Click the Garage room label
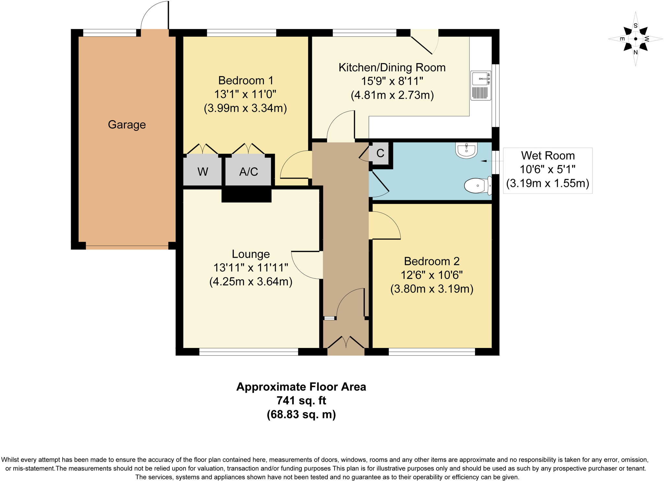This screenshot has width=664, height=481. [x=127, y=125]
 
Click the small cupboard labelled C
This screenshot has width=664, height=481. [x=380, y=153]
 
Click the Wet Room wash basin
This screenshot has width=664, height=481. [x=467, y=150]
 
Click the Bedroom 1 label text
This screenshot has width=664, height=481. [x=245, y=80]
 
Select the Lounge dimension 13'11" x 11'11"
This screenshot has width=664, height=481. [x=251, y=268]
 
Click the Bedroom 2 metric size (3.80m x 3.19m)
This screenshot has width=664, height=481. [x=432, y=289]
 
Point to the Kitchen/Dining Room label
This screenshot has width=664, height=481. [x=392, y=67]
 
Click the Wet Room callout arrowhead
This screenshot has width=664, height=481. [x=483, y=161]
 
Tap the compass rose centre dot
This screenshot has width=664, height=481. [x=635, y=39]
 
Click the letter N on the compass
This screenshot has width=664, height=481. [x=635, y=52]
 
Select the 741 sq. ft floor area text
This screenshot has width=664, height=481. [x=301, y=401]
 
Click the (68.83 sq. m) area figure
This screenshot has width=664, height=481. [x=301, y=414]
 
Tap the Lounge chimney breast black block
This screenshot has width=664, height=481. [x=246, y=196]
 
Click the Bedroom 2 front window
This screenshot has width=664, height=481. [x=432, y=352]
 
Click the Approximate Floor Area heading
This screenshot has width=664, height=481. [x=301, y=387]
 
